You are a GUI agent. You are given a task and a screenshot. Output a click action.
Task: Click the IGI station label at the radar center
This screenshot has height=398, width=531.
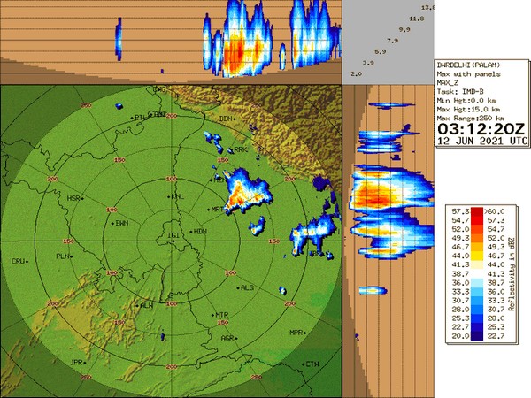(173, 235)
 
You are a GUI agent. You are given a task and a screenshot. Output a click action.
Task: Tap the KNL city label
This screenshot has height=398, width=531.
(178, 197)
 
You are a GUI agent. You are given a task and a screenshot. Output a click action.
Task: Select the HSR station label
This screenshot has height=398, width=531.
(73, 199)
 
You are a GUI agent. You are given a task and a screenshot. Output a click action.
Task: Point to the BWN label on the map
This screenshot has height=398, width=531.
(121, 224)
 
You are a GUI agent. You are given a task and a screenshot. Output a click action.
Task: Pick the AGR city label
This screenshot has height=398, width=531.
(227, 337)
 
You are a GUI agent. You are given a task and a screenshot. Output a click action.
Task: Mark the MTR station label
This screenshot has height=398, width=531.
(221, 315)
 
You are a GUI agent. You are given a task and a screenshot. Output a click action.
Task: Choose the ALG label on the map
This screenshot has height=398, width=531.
(247, 287)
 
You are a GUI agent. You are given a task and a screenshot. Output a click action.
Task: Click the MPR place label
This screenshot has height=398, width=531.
(296, 332)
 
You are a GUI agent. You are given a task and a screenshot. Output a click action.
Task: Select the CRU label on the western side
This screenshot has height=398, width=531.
(18, 262)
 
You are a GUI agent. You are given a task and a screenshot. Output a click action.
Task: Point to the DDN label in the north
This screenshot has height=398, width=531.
(226, 118)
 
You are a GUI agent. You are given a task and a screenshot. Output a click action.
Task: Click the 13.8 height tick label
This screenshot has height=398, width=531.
(428, 7)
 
